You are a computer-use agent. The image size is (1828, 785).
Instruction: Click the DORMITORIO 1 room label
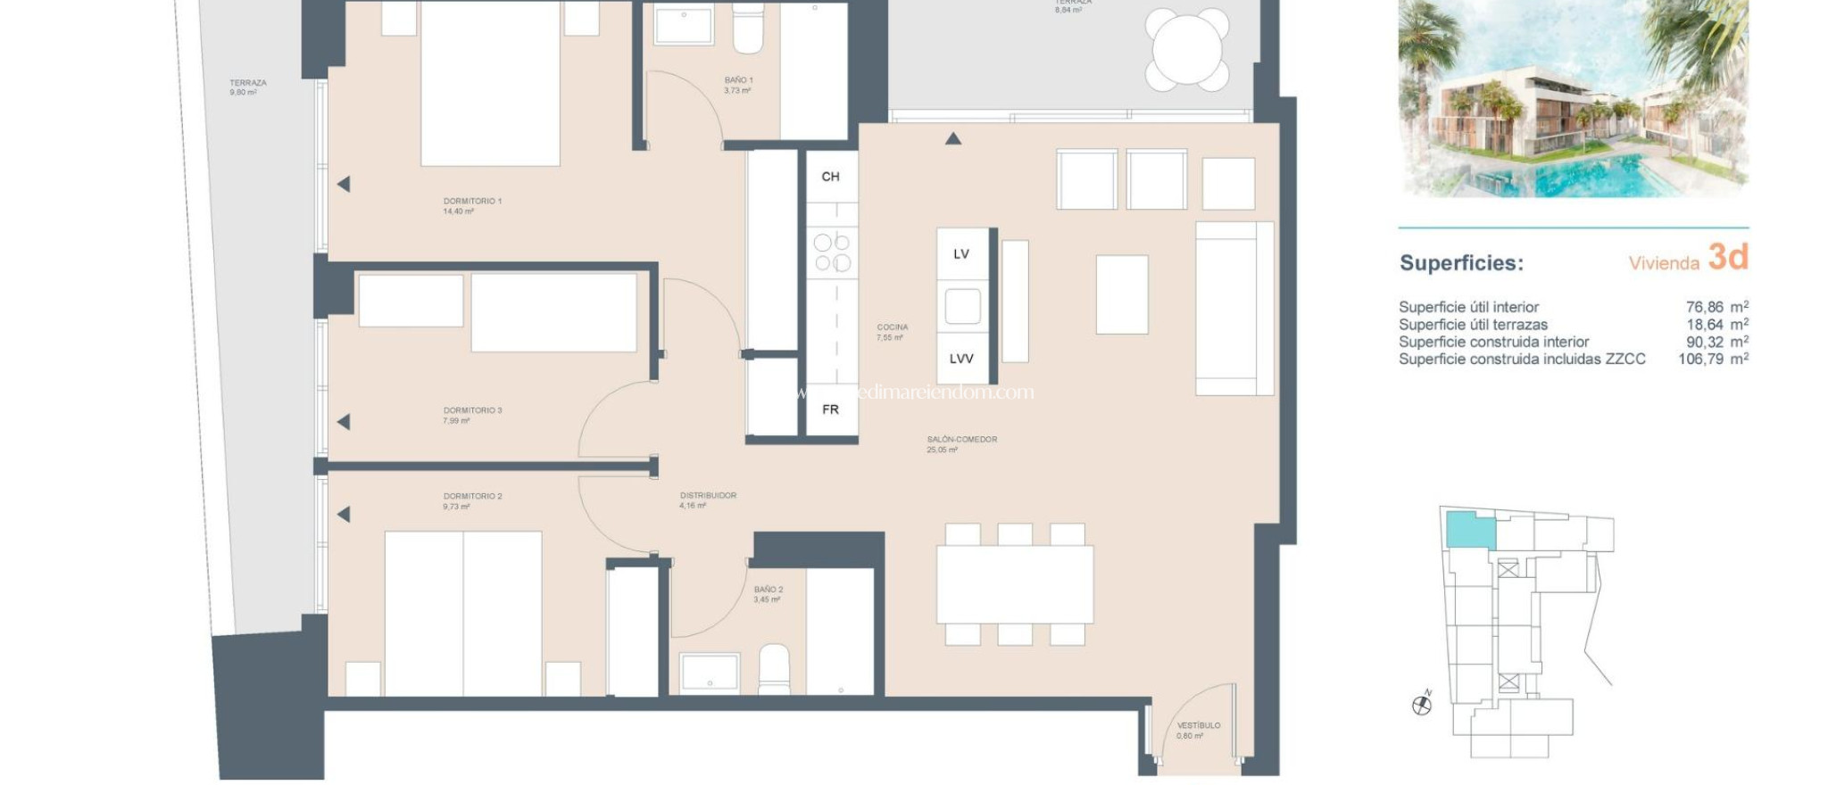[472, 202]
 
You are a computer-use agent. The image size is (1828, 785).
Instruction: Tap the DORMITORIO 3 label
[472, 411]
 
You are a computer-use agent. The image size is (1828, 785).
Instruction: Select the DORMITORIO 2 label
[472, 497]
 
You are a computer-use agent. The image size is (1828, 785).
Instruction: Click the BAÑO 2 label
[768, 591]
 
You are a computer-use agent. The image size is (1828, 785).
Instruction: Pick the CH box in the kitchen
[831, 177]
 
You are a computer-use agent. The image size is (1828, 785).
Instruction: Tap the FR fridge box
[831, 409]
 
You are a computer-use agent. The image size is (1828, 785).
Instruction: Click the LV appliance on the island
[961, 254]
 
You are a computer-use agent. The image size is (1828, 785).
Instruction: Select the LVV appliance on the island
[961, 359]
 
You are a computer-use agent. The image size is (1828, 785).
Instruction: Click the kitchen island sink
[962, 307]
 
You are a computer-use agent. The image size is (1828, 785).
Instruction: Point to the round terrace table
[1186, 49]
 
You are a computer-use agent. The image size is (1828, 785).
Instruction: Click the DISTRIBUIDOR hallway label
[708, 496]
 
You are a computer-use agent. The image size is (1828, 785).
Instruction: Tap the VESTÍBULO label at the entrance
[1198, 726]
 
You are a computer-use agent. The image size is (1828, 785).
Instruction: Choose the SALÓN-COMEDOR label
[961, 440]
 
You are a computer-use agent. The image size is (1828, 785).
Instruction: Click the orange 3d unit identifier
[1727, 258]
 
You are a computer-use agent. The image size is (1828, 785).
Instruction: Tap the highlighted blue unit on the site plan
[1469, 532]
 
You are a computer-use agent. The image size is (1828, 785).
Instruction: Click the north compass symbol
[1422, 706]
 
